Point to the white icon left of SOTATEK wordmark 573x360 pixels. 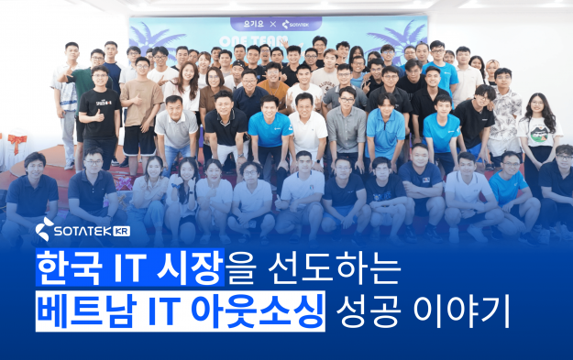tap(46, 228)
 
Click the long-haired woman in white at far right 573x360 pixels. tap(534, 128)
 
